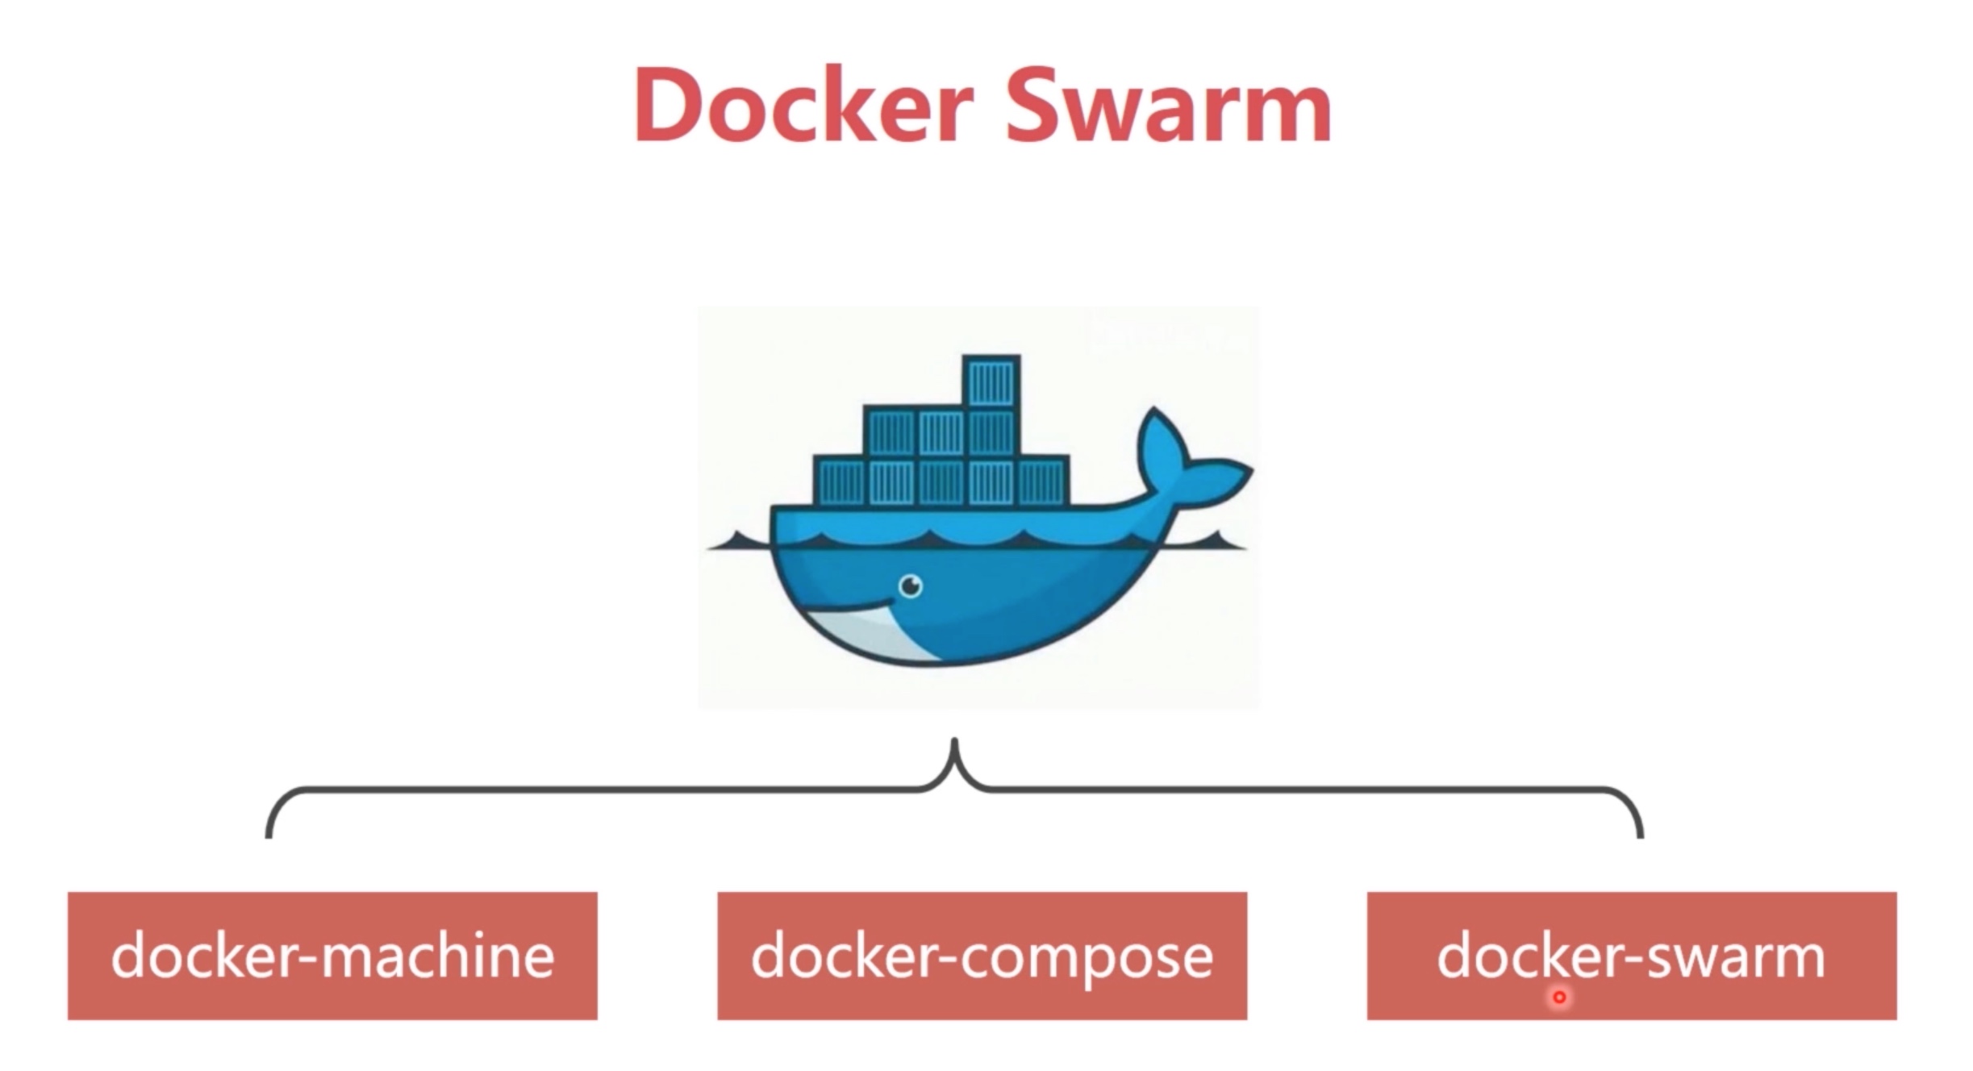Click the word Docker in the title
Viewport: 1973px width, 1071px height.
(804, 106)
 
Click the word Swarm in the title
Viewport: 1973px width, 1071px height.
(1167, 106)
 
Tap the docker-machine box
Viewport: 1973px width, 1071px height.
(332, 956)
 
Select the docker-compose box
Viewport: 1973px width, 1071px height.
(982, 956)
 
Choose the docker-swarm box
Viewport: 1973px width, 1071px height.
(1631, 956)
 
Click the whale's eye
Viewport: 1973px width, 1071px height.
(911, 586)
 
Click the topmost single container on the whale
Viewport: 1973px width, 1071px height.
(991, 381)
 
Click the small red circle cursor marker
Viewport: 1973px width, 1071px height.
(1559, 998)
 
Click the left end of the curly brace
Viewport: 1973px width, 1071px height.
(269, 834)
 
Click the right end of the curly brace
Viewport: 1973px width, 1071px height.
(1640, 834)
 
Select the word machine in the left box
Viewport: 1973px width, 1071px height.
(438, 956)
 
